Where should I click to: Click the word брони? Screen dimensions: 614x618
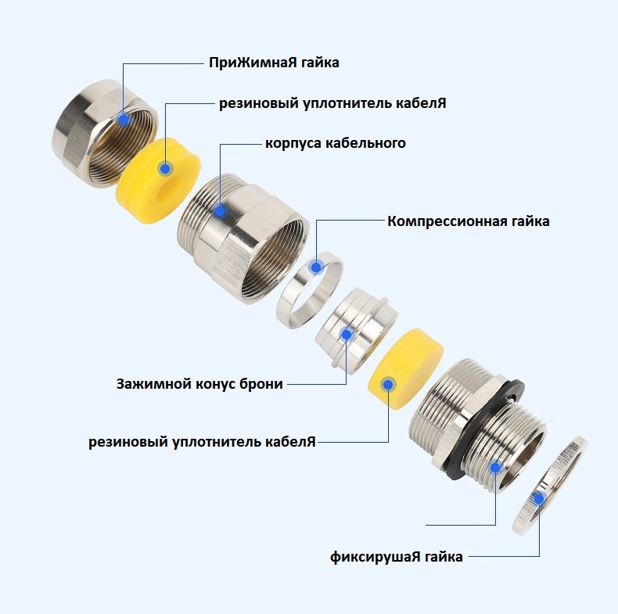pyautogui.click(x=261, y=384)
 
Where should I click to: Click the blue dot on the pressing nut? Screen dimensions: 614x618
pyautogui.click(x=124, y=119)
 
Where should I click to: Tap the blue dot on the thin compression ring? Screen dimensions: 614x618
pyautogui.click(x=316, y=267)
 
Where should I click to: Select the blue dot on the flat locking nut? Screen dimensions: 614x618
pyautogui.click(x=538, y=498)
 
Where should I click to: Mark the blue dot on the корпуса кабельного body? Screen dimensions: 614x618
pyautogui.click(x=221, y=211)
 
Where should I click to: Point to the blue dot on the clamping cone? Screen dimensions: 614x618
pyautogui.click(x=346, y=334)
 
